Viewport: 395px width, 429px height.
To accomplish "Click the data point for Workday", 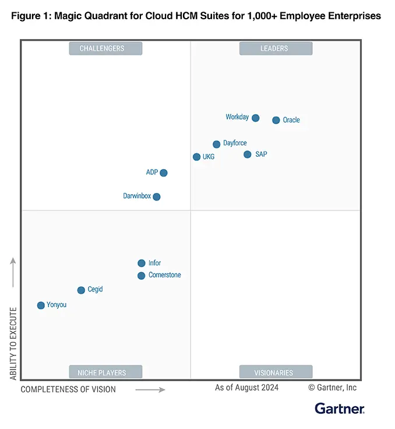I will pyautogui.click(x=255, y=118).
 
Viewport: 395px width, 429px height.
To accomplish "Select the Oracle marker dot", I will pyautogui.click(x=276, y=120).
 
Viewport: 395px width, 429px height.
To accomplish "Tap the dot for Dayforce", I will pyautogui.click(x=217, y=144).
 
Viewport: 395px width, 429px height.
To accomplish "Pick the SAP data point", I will pyautogui.click(x=248, y=154).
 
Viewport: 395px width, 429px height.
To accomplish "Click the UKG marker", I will pyautogui.click(x=197, y=157).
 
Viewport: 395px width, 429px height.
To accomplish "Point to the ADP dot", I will pyautogui.click(x=164, y=173).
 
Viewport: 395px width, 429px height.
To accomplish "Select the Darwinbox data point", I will pyautogui.click(x=157, y=196).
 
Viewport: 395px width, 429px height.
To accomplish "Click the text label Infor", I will pyautogui.click(x=154, y=263).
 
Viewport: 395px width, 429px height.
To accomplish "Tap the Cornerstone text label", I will pyautogui.click(x=165, y=275).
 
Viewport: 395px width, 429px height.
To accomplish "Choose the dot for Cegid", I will pyautogui.click(x=81, y=290).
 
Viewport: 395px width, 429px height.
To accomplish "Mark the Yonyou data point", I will pyautogui.click(x=41, y=305).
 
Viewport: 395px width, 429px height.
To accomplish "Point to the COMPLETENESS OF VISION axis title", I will pyautogui.click(x=68, y=389).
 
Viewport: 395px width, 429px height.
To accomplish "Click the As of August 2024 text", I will pyautogui.click(x=246, y=388).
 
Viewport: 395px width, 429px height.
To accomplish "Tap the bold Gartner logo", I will pyautogui.click(x=340, y=409).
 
